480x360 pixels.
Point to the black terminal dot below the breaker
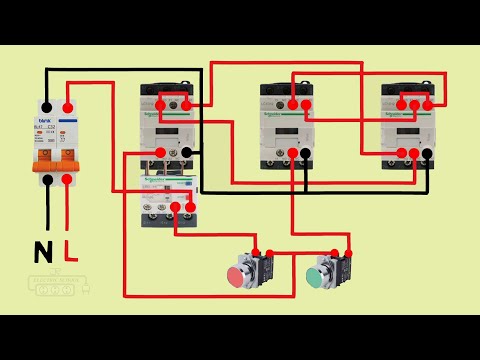coord(47,181)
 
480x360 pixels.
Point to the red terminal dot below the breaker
coord(67,181)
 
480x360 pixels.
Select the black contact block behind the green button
coord(341,269)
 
